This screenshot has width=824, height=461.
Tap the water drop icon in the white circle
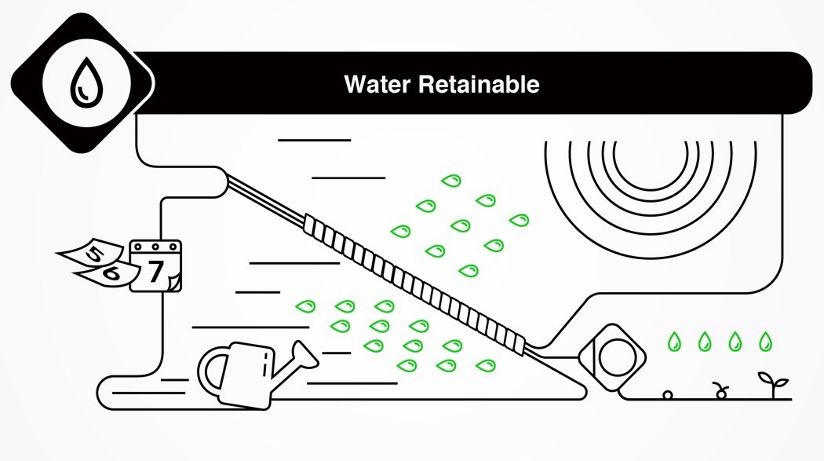click(x=86, y=83)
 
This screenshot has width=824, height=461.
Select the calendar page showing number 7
click(x=155, y=266)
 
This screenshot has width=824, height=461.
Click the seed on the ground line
click(x=667, y=394)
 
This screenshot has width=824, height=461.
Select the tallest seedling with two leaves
click(x=773, y=384)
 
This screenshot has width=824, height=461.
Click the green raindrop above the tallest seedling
click(x=766, y=342)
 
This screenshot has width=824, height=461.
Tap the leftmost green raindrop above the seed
click(x=674, y=342)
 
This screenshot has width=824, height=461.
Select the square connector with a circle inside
click(x=612, y=357)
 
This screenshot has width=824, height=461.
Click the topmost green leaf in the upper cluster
click(x=451, y=181)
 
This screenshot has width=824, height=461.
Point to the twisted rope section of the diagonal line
click(x=414, y=284)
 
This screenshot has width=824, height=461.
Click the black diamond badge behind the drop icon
click(x=82, y=83)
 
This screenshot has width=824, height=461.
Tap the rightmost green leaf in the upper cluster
click(x=519, y=220)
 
